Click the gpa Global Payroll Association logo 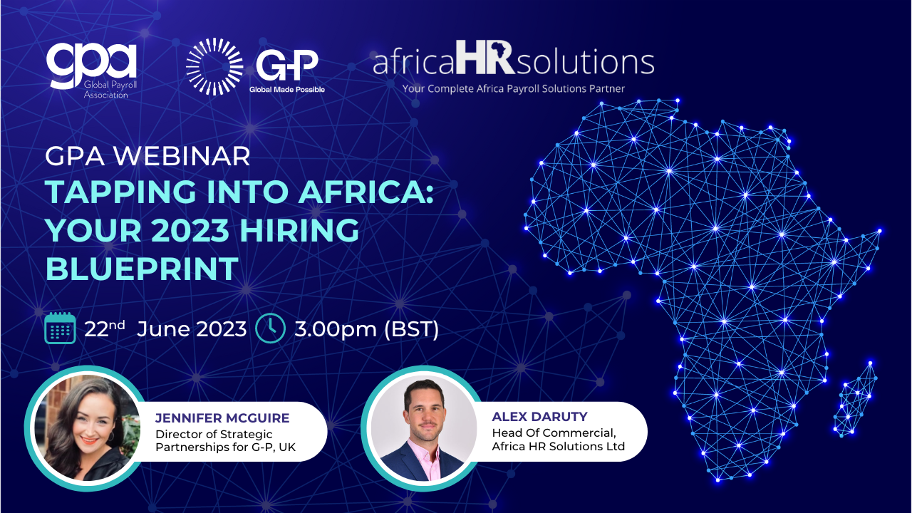coord(92,70)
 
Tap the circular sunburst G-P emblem coord(214,67)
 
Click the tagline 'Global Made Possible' coord(287,90)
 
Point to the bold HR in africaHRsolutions coord(485,58)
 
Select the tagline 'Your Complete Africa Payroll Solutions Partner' coord(514,89)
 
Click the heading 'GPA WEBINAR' coord(147,156)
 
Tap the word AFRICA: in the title coord(366,192)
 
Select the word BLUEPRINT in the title coord(142,269)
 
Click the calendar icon coord(60,328)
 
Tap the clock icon coord(270,328)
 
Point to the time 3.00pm coord(336,329)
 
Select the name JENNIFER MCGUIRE coord(222,418)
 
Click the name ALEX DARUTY coord(539,417)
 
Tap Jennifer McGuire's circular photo coord(86,428)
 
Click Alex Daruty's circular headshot coord(423,428)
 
